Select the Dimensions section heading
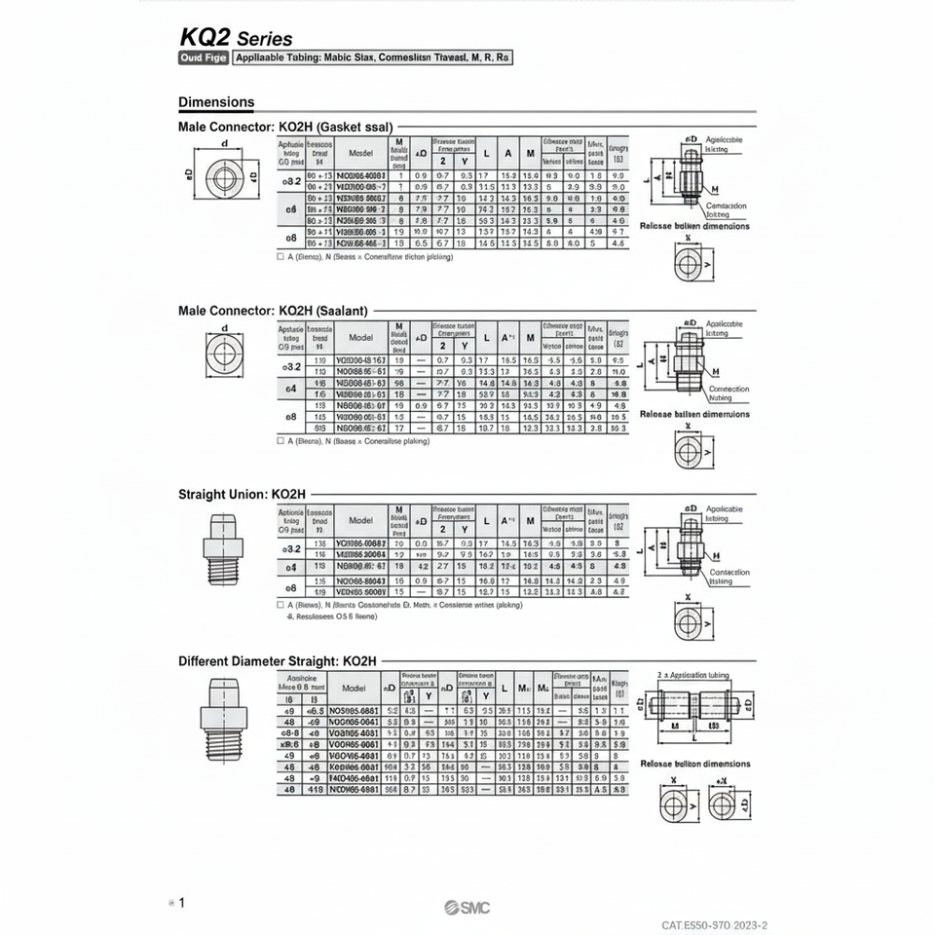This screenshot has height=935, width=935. [x=216, y=102]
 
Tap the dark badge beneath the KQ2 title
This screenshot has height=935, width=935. [x=202, y=58]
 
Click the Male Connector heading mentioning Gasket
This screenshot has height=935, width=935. [x=285, y=127]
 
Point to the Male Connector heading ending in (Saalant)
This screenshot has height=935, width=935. [x=273, y=311]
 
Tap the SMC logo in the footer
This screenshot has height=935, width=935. [x=467, y=908]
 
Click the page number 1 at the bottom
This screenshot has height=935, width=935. [x=181, y=903]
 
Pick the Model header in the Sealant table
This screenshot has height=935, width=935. [x=360, y=337]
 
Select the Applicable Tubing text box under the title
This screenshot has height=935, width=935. [x=373, y=58]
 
